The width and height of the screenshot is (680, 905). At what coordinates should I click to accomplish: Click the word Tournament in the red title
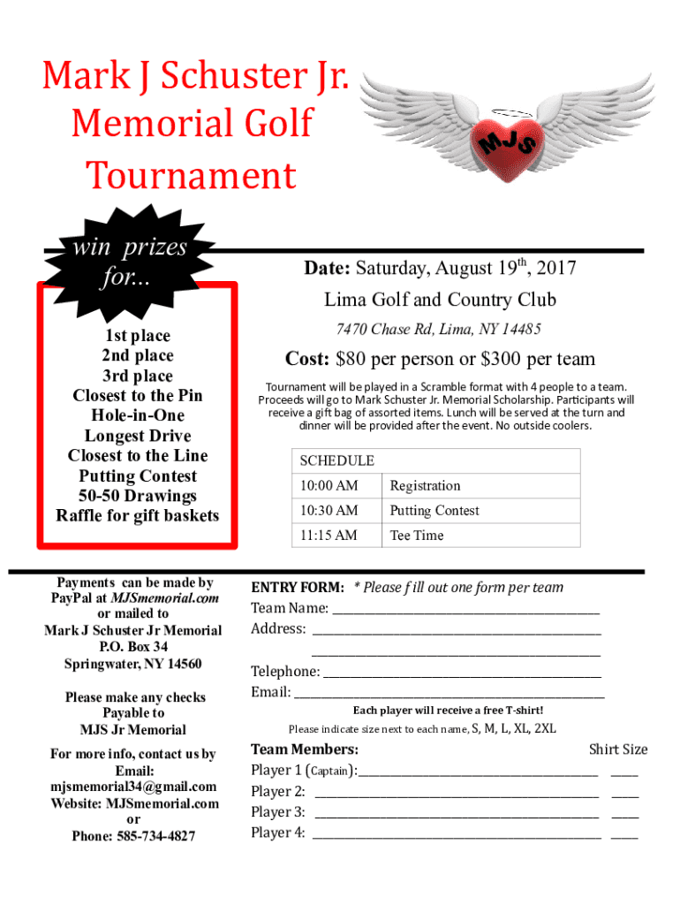191,177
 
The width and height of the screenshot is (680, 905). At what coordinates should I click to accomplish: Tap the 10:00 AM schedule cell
329,486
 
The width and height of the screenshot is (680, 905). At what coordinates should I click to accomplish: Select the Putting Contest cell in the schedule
434,511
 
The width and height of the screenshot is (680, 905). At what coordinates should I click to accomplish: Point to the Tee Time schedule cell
417,536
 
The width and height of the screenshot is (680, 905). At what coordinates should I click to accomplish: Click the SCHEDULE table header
336,461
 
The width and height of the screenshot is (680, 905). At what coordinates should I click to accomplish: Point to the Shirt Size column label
618,749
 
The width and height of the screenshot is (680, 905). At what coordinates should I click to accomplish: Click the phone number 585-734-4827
155,836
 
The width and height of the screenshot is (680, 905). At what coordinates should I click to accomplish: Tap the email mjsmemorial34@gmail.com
133,787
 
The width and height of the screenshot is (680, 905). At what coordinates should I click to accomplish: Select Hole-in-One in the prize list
138,415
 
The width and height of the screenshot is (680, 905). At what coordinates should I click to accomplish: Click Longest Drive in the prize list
138,436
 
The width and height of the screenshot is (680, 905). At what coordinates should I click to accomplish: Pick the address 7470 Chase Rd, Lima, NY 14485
439,330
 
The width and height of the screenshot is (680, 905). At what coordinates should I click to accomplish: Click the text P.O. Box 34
133,647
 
